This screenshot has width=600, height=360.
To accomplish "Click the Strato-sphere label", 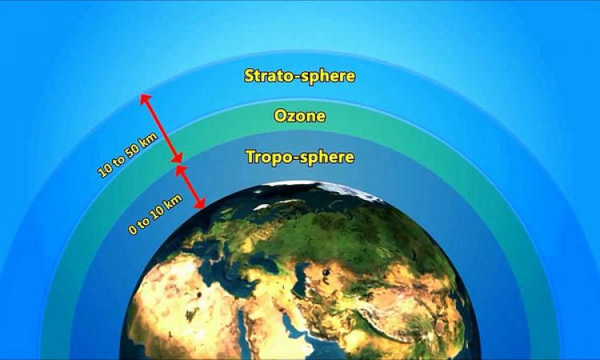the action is pyautogui.click(x=300, y=76).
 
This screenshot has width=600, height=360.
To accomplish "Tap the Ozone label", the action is pyautogui.click(x=300, y=115).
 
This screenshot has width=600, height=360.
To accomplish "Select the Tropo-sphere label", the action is pyautogui.click(x=300, y=157).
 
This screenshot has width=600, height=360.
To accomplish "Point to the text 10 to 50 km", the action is pyautogui.click(x=127, y=155).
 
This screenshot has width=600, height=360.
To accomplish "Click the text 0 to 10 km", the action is pyautogui.click(x=155, y=214).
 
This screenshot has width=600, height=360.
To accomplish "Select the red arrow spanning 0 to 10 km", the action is pyautogui.click(x=190, y=187).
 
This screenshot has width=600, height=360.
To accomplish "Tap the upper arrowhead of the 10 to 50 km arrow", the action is pyautogui.click(x=145, y=99).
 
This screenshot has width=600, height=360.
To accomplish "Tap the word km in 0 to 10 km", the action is pyautogui.click(x=174, y=201).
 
